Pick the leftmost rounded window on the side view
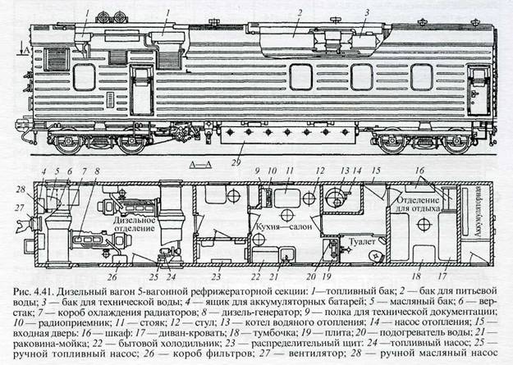click(x=85, y=77)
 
